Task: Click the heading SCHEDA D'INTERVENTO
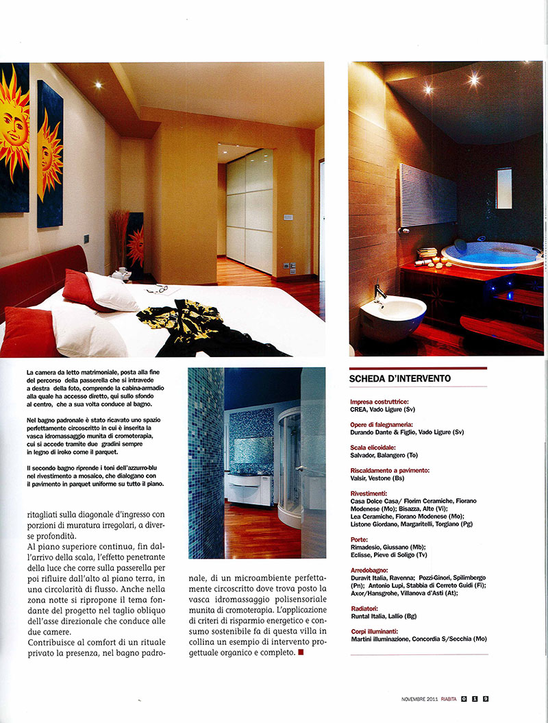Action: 400,378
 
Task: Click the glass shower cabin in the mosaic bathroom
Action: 290,466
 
